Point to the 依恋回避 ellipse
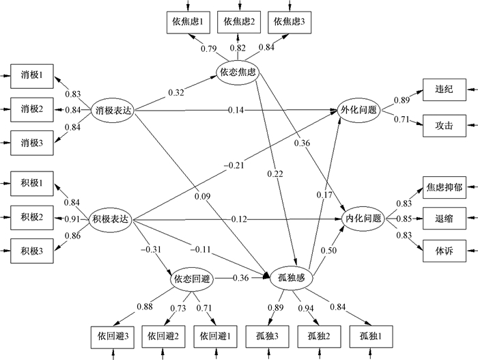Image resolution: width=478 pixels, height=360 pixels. (192, 278)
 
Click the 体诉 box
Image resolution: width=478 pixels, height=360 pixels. (439, 249)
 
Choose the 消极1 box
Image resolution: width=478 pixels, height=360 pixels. (32, 75)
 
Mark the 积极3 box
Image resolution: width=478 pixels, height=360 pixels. (32, 251)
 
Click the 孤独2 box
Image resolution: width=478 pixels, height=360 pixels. (318, 335)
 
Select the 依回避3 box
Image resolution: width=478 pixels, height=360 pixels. (111, 335)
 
